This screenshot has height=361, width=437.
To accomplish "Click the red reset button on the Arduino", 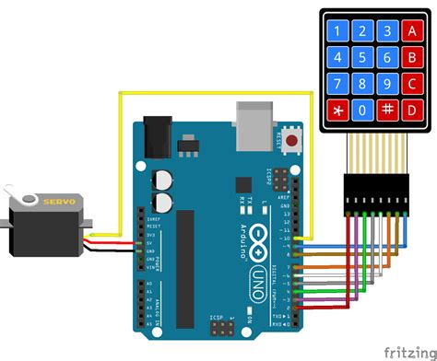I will pyautogui.click(x=293, y=142).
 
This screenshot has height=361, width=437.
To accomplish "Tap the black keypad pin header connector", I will pyautogui.click(x=376, y=192).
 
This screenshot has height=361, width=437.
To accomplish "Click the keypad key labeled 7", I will pyautogui.click(x=339, y=84).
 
